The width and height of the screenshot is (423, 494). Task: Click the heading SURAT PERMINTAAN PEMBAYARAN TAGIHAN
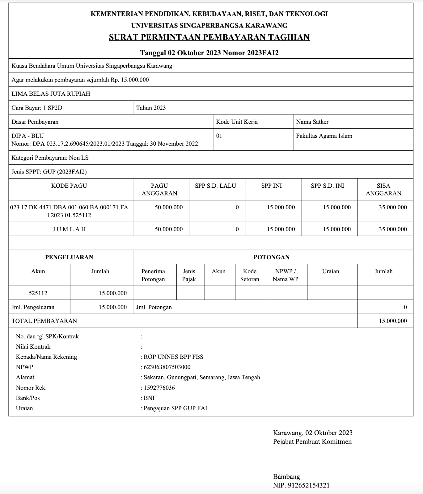pos(209,37)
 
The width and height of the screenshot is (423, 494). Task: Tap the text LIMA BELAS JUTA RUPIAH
pos(51,94)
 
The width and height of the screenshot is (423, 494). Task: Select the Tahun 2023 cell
pos(151,108)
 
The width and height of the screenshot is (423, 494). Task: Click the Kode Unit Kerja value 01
pos(219,136)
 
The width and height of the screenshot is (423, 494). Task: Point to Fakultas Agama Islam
pos(324,136)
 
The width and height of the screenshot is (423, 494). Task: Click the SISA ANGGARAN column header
pos(383,189)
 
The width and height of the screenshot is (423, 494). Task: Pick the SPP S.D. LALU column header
pos(215,186)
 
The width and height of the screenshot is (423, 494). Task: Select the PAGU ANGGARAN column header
pos(159,189)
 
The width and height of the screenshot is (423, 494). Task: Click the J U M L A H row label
pos(69,229)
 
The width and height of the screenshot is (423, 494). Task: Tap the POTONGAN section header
pos(272,257)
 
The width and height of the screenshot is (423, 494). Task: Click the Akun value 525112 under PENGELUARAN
pos(38,293)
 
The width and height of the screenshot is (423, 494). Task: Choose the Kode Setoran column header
pos(250,275)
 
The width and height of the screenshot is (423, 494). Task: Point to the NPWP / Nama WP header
pos(286,275)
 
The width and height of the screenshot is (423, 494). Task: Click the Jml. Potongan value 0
pos(405,307)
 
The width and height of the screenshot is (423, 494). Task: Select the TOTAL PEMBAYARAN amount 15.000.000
pos(393,321)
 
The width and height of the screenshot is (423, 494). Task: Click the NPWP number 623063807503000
pos(167,367)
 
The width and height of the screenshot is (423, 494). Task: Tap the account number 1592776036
pos(159,388)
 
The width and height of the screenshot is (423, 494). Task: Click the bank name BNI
pos(149,398)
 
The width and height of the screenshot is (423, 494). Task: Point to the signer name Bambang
pos(286,477)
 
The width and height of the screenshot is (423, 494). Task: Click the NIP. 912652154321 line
pos(301,485)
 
